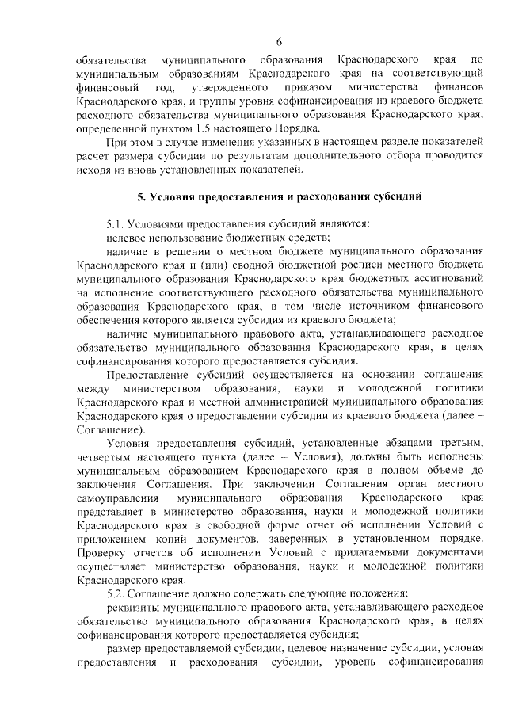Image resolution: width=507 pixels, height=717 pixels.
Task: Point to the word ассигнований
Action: (448, 280)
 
